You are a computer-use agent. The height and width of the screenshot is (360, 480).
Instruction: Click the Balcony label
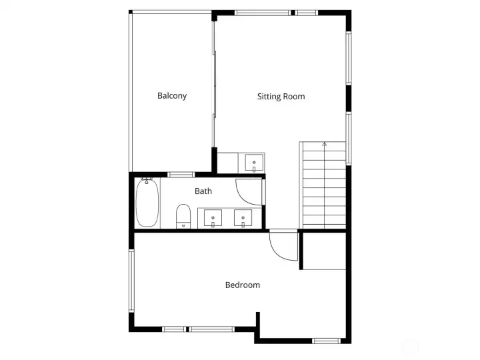172,95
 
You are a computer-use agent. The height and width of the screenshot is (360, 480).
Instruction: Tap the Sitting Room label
281,97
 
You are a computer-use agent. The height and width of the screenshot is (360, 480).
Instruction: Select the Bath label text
203,191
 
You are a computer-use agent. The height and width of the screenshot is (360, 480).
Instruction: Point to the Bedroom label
242,285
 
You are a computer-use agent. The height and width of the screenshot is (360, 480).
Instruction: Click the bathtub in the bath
147,203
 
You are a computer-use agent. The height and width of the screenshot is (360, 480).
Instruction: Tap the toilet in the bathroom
183,216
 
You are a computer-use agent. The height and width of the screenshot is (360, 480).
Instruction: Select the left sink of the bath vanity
213,218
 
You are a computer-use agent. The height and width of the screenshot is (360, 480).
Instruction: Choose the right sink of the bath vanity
243,218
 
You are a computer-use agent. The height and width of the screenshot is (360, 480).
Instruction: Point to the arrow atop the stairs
325,144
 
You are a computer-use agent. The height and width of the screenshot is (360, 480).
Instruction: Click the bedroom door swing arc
281,246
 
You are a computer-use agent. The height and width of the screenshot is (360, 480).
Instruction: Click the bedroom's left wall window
131,280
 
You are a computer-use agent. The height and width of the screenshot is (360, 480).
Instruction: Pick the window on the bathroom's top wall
180,175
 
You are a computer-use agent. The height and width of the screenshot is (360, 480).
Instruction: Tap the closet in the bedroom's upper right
323,251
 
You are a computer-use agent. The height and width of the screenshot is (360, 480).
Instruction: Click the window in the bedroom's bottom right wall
326,341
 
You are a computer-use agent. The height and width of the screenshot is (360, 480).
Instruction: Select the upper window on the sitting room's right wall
348,59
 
